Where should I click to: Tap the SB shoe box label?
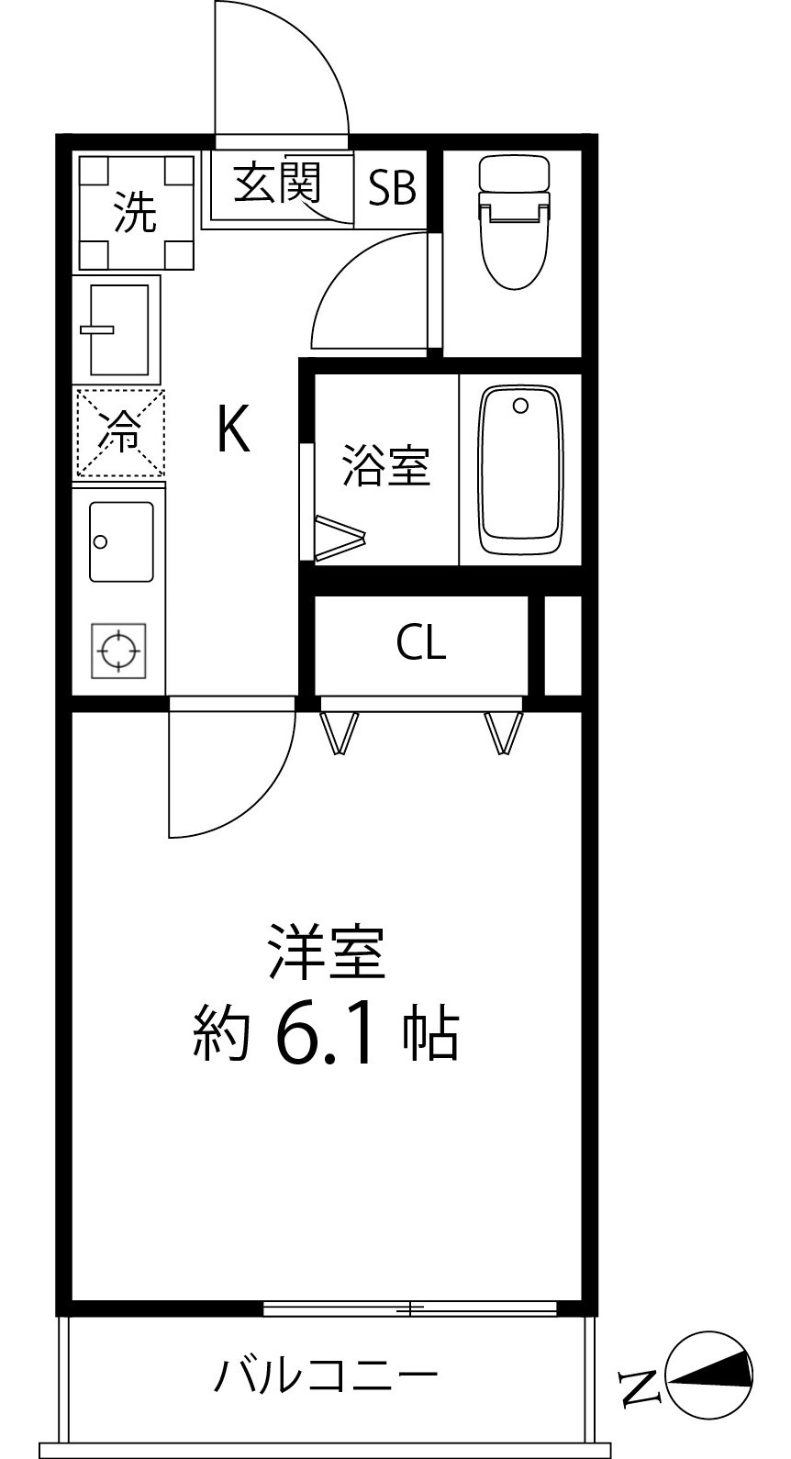pos(392,188)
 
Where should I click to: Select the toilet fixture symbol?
pos(513,220)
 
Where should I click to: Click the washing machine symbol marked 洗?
pos(136,213)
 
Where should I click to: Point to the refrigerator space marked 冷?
pos(119,433)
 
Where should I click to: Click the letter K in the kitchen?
pos(233,429)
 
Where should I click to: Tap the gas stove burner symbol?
pos(118,652)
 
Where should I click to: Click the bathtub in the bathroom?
pos(520,473)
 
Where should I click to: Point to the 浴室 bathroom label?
pos(386,465)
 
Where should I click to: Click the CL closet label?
pos(421,643)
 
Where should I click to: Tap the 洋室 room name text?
pos(327,953)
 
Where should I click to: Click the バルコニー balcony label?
pos(327,1375)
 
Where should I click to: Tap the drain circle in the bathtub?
pos(521,406)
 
